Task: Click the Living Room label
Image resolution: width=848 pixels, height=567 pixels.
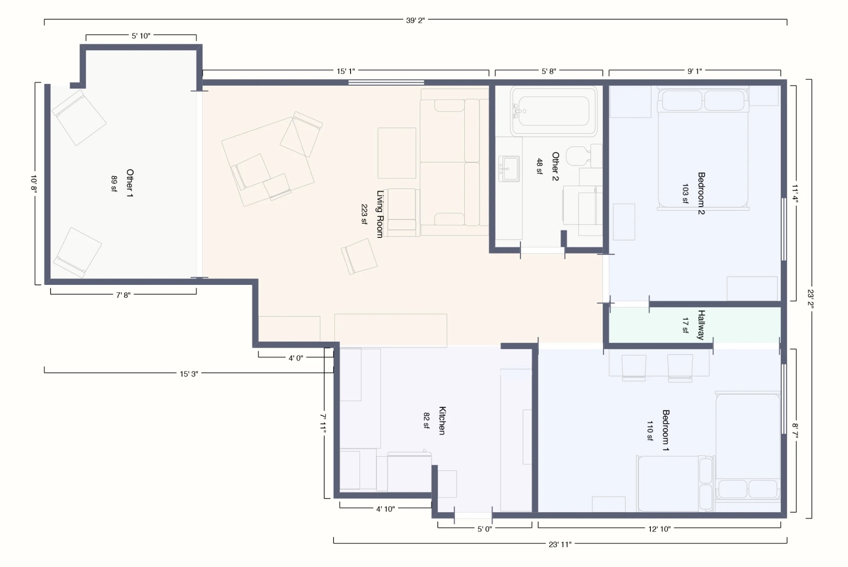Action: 380,214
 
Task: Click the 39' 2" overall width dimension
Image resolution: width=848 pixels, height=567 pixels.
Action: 415,20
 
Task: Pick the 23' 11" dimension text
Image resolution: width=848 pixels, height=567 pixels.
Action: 560,544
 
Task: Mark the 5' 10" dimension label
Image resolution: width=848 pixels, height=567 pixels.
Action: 141,36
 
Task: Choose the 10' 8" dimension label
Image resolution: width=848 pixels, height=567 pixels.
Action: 34,183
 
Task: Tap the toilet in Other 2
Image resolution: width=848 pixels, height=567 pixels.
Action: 584,156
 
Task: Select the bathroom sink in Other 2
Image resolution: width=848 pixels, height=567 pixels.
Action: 509,168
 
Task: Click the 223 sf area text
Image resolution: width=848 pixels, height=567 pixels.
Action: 364,214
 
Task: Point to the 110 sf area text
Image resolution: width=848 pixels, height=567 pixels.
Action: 650,431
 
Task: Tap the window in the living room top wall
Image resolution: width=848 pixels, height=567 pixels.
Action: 386,83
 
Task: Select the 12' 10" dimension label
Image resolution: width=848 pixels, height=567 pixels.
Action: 659,529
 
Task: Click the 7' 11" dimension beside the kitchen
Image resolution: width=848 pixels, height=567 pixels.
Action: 323,423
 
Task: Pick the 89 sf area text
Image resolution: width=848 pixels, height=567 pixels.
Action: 114,183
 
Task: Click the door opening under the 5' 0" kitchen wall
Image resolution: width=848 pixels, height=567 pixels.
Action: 473,515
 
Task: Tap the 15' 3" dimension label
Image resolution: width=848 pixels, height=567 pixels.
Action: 189,374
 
